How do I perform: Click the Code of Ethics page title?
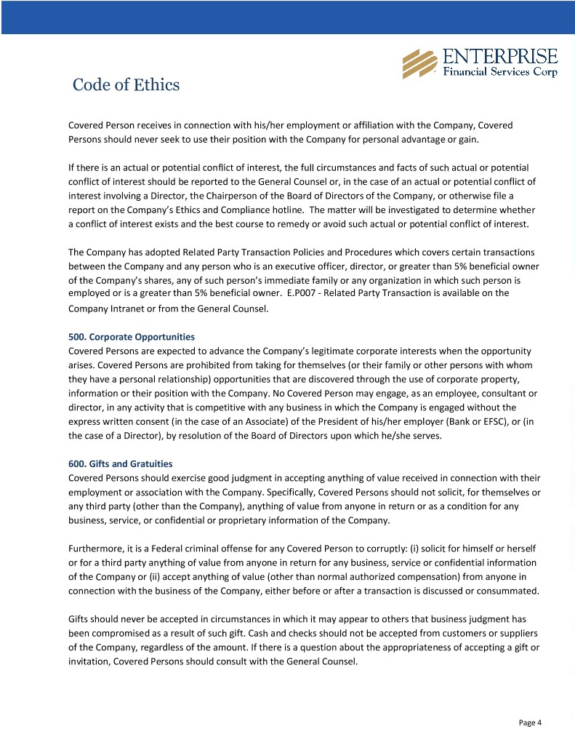coord(126,85)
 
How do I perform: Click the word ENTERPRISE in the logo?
coord(500,57)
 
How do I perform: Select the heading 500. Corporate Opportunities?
coord(132,337)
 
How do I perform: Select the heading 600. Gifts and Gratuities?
coord(121,463)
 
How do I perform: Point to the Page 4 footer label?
coord(530,722)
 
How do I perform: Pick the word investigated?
coord(424,210)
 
